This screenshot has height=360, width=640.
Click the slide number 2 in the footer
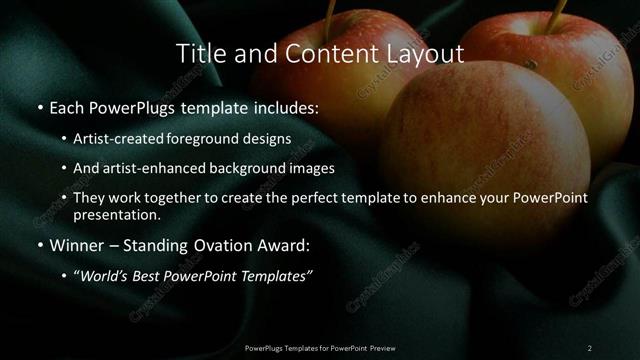(589, 347)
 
